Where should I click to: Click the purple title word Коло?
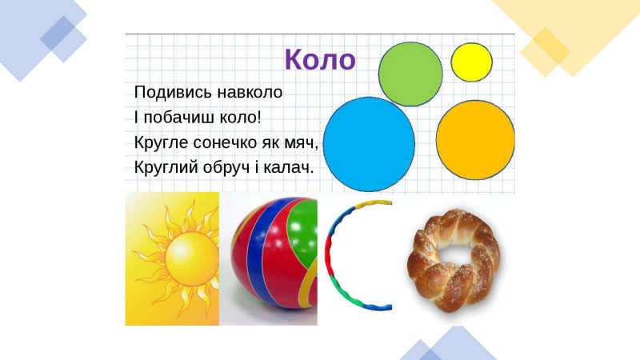coord(320,59)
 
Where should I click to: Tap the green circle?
coord(410,74)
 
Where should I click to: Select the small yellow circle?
coord(471,62)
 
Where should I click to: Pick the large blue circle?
coord(369,144)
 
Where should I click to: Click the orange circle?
coord(475,140)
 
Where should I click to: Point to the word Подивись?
coord(173,93)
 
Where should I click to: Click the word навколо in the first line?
coord(250,93)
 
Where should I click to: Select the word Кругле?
coord(162,143)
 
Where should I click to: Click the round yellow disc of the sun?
coord(192,259)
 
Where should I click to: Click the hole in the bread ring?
coord(456,256)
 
